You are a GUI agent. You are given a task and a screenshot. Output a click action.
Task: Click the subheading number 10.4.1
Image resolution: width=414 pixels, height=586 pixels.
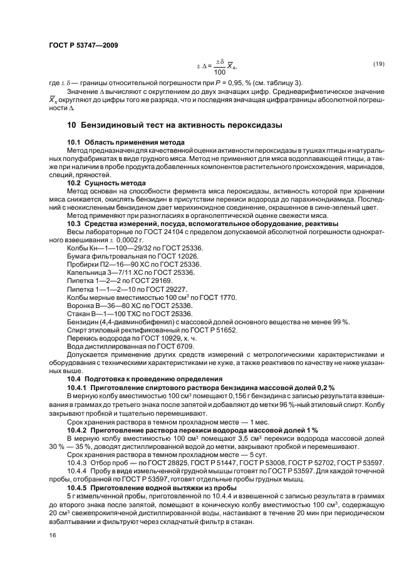click(x=77, y=388)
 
